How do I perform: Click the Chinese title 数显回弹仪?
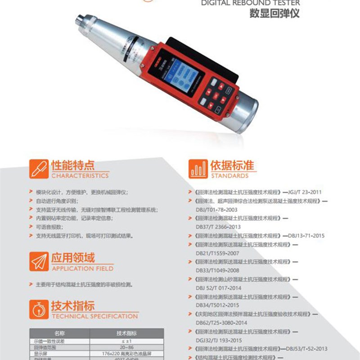click(274, 13)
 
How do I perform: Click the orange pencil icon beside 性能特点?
click(38, 169)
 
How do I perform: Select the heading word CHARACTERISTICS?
click(80, 175)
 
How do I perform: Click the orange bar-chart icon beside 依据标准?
click(198, 169)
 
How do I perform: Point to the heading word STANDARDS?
click(229, 175)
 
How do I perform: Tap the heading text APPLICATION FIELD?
click(82, 269)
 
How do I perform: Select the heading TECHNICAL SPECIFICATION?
click(94, 316)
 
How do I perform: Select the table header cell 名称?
click(59, 333)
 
